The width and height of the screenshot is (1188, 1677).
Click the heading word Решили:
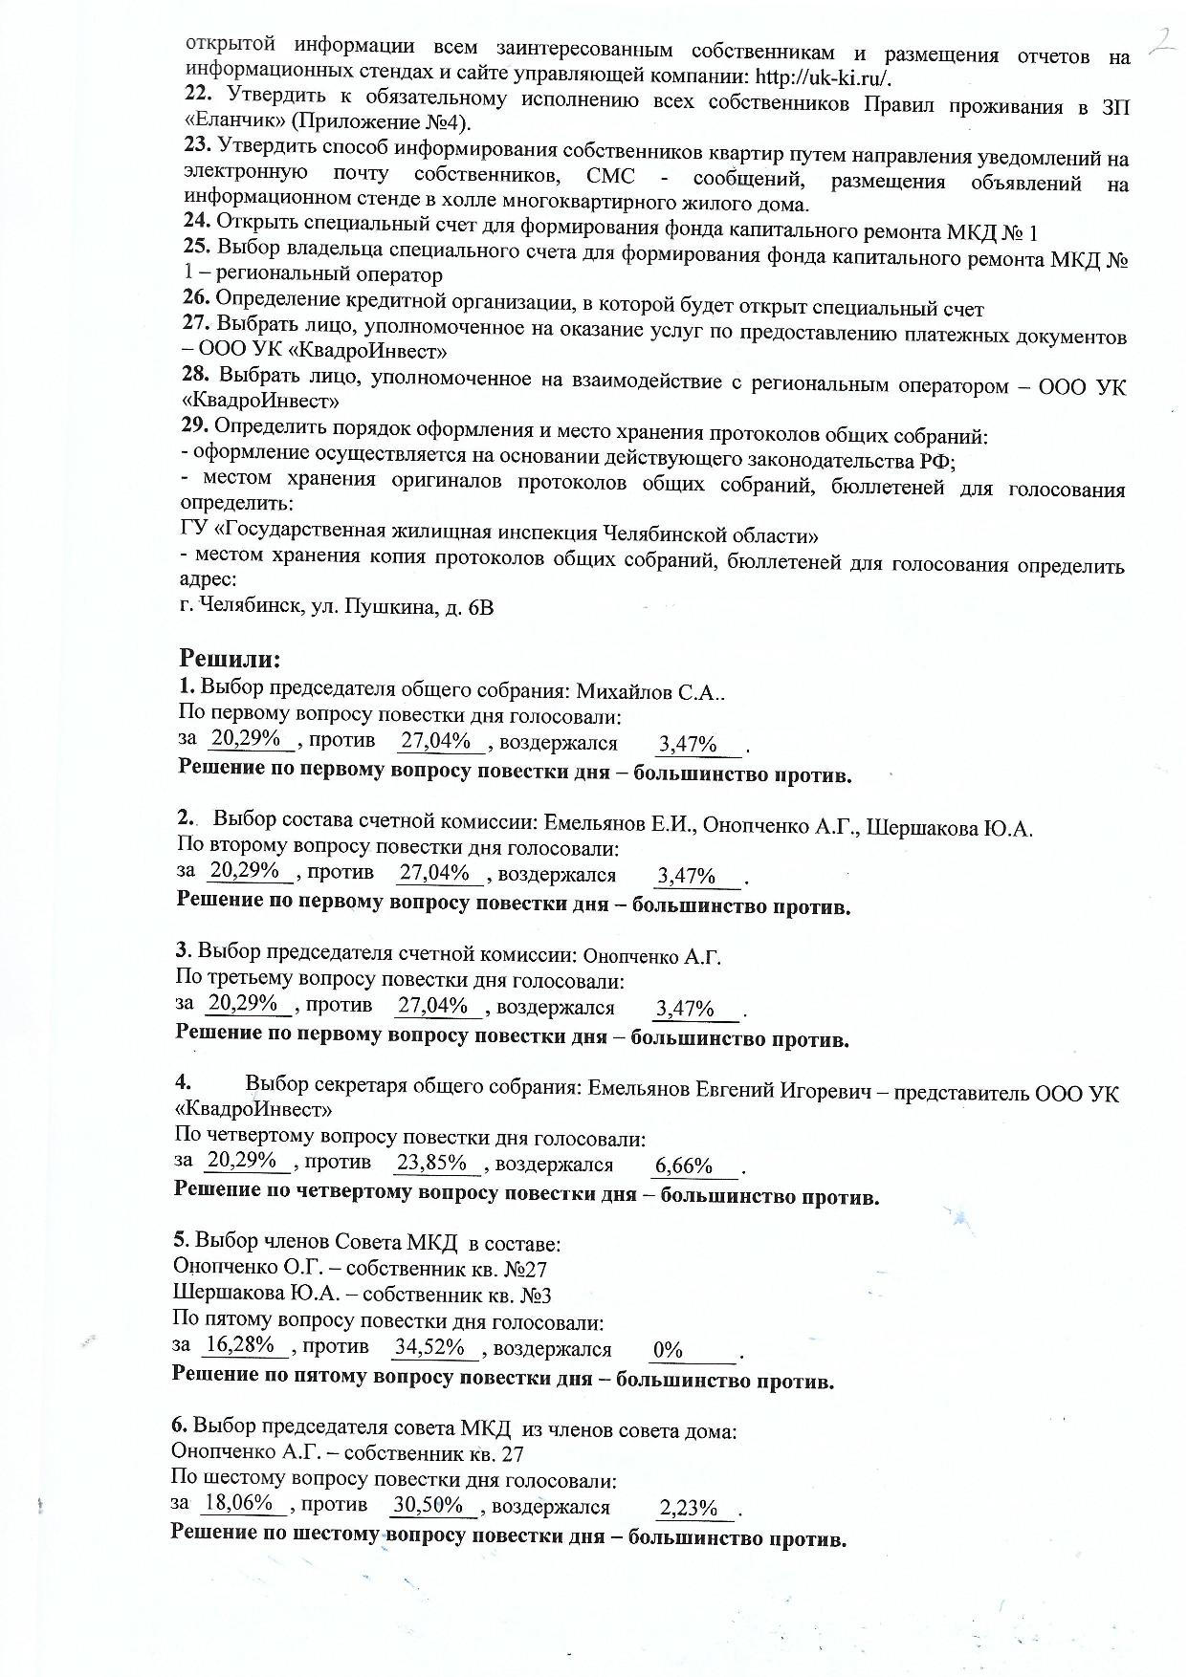(x=230, y=660)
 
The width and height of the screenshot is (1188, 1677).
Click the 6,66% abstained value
(x=684, y=1165)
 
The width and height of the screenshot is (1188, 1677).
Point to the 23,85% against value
(x=431, y=1162)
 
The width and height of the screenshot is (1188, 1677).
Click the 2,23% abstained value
(x=689, y=1508)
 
